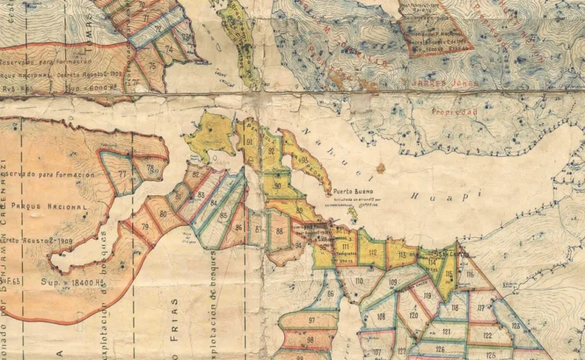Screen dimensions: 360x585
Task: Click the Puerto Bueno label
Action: (352, 191)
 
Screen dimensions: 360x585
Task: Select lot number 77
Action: (122, 174)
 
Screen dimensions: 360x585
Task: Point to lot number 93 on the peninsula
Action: (304, 159)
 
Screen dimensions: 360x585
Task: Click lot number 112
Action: (372, 253)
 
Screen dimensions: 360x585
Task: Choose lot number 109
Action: (393, 282)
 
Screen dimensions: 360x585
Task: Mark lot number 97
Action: (311, 320)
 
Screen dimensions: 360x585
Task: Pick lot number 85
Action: (223, 215)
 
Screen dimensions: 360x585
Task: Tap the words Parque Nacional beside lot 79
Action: (53, 207)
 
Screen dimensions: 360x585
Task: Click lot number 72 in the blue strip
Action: (158, 28)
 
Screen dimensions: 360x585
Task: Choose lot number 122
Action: (488, 335)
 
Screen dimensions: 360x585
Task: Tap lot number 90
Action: (277, 186)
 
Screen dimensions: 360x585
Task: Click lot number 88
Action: (279, 231)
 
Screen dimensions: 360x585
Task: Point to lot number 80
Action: (163, 213)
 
